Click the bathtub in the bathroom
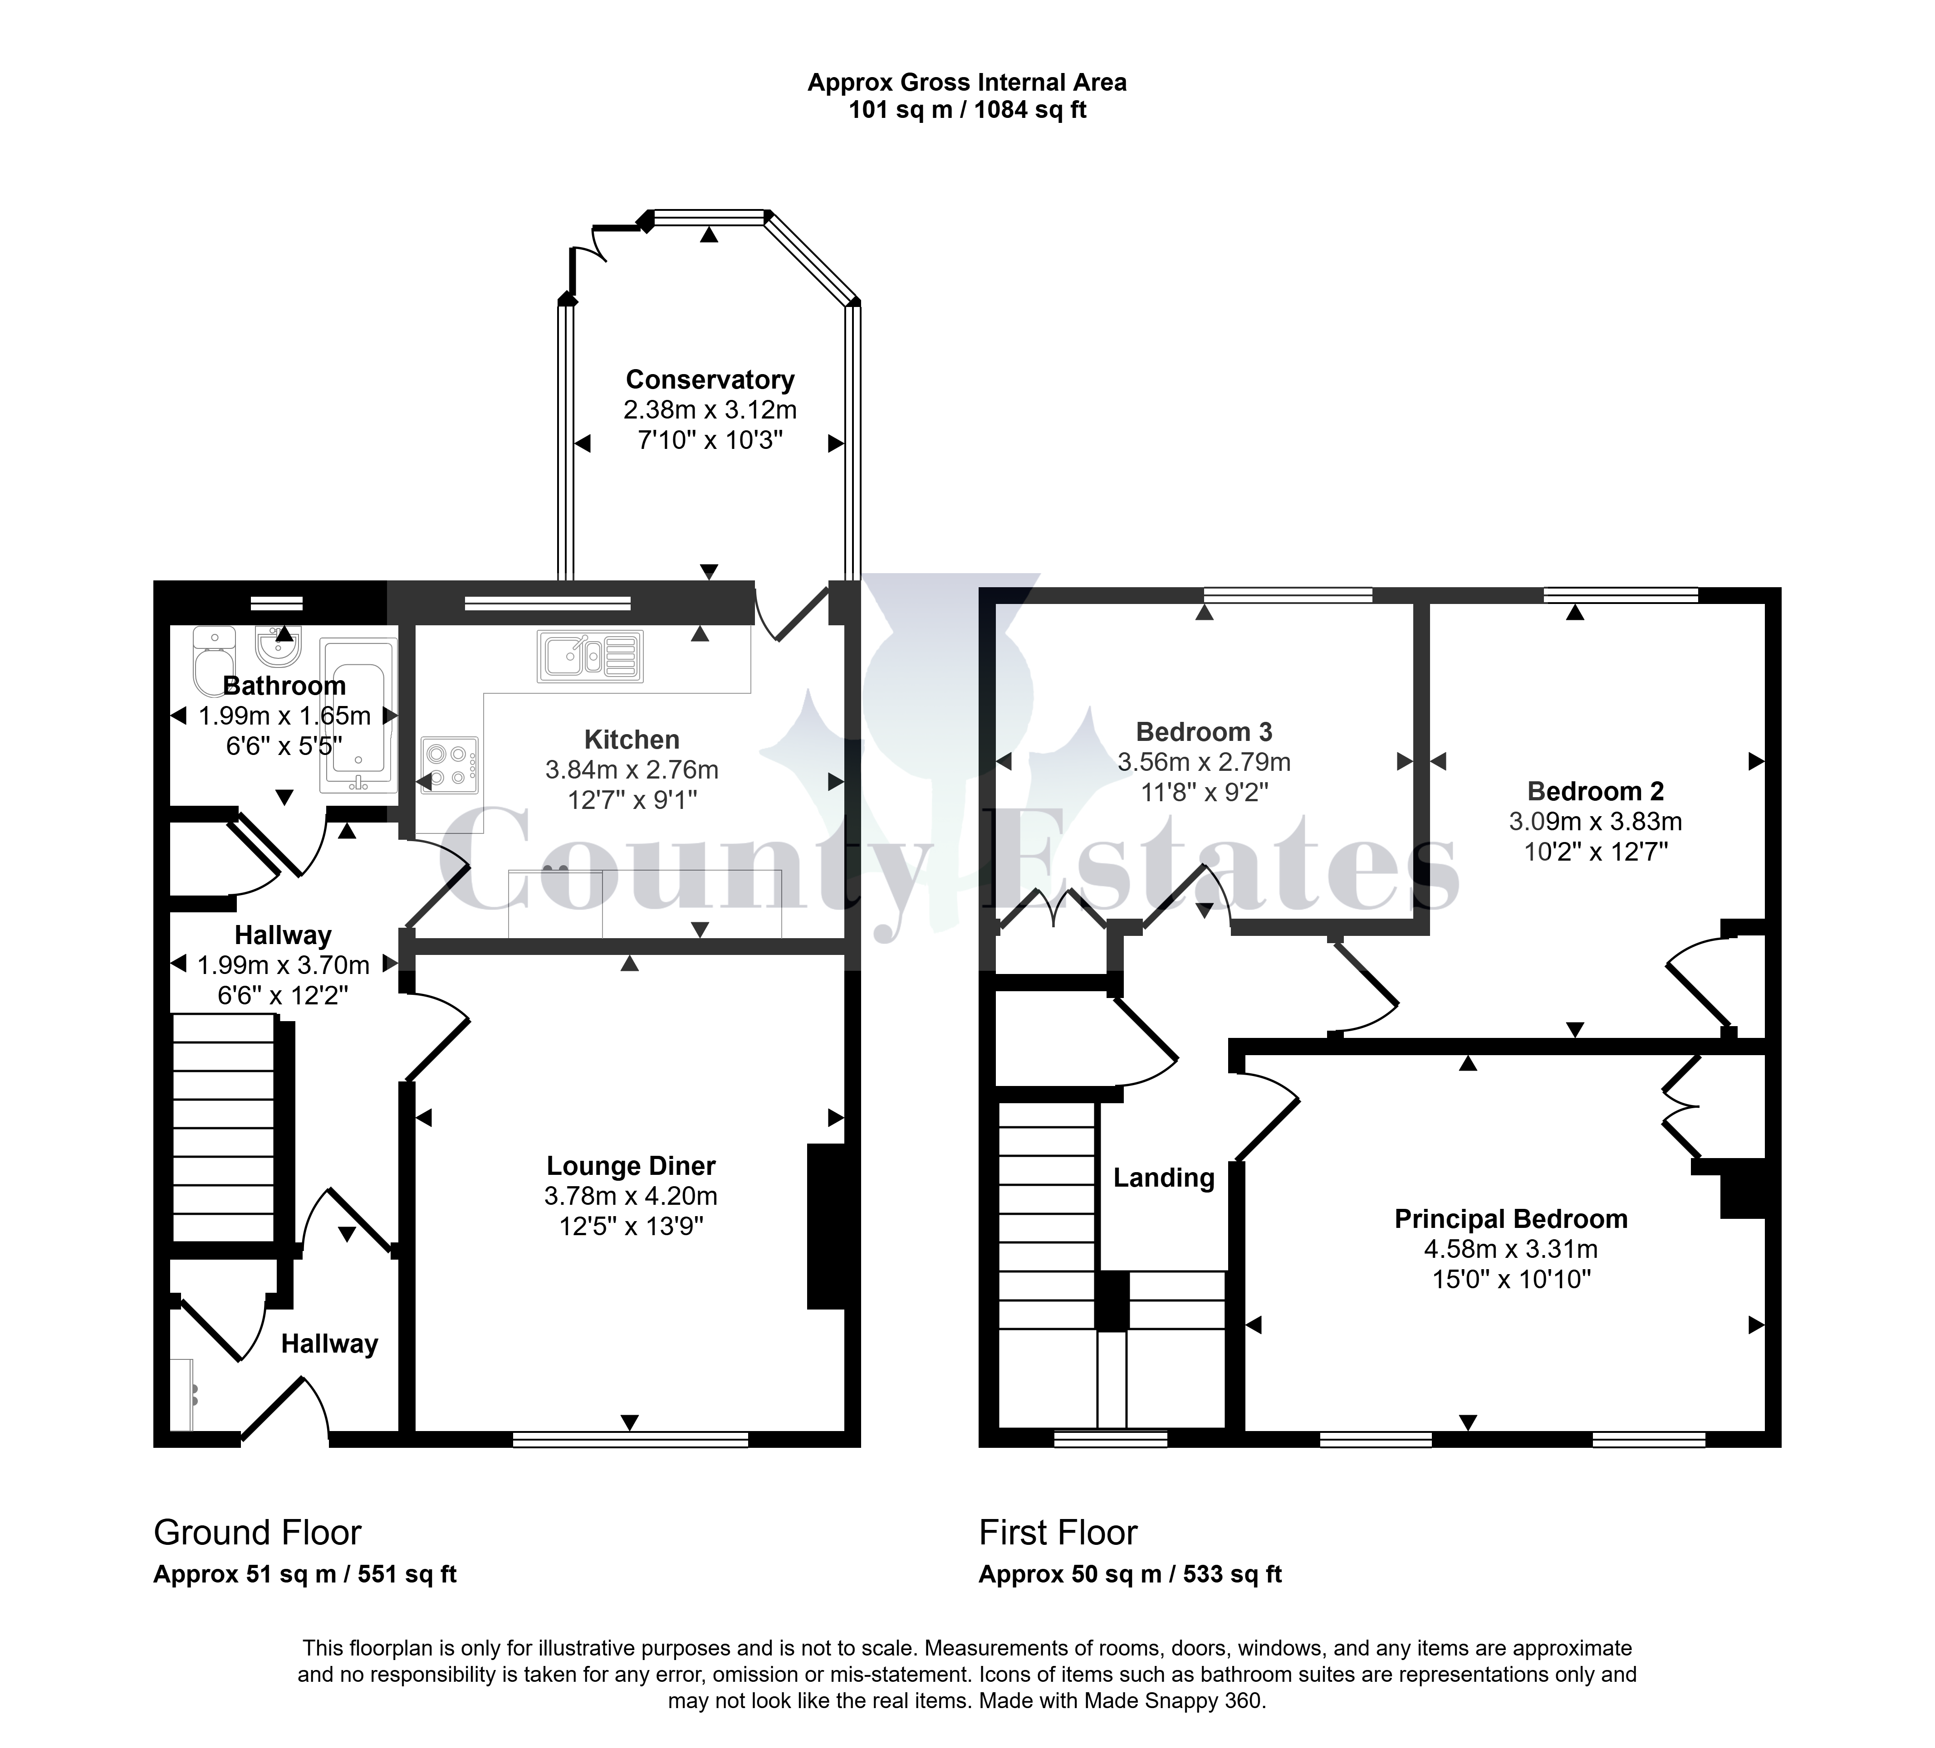358,716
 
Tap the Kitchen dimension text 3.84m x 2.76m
632,769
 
